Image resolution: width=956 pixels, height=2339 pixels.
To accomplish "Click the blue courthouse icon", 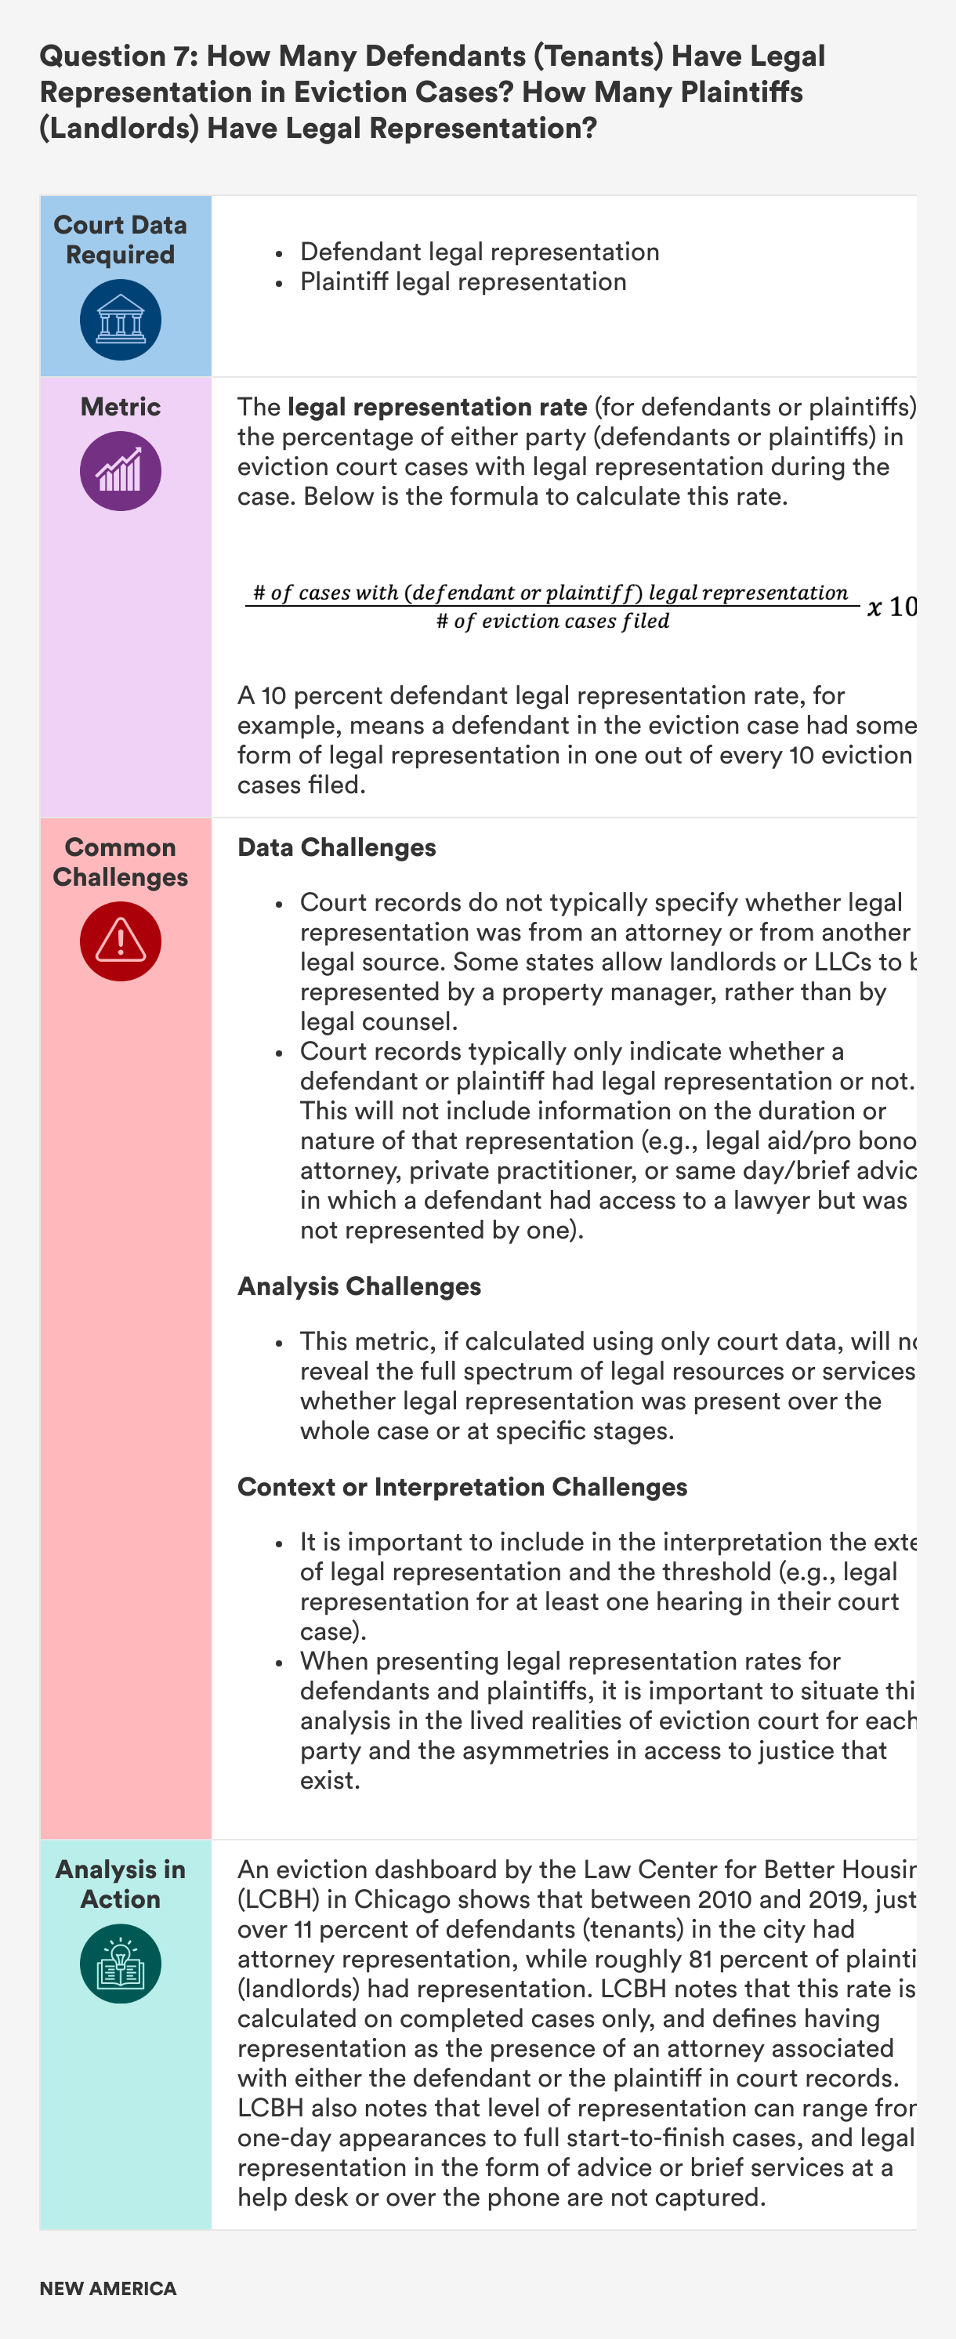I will [121, 320].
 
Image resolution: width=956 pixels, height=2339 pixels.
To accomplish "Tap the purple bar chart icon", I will [121, 470].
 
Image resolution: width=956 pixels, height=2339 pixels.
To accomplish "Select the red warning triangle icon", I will [121, 940].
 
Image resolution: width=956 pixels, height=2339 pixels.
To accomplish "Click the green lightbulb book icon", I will [121, 1963].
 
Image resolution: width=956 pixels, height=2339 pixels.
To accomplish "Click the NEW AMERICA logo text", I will [108, 2288].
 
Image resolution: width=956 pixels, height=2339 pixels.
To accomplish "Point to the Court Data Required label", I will [121, 240].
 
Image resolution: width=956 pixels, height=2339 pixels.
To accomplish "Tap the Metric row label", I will [121, 407].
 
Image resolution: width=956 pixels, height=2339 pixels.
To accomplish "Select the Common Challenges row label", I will [121, 861].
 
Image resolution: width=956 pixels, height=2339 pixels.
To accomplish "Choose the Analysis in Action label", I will [121, 1884].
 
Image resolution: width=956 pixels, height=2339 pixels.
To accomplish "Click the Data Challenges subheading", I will [337, 847].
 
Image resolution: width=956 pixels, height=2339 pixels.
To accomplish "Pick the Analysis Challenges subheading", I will [360, 1286].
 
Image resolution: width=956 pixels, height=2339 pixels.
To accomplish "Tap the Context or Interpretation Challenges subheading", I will [462, 1486].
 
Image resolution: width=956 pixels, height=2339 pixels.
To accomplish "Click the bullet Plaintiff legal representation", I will [463, 281].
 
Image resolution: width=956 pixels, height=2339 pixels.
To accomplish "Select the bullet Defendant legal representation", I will [480, 252].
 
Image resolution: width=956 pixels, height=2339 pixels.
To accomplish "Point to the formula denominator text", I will [553, 621].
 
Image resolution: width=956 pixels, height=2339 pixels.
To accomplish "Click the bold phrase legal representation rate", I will [436, 407].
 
